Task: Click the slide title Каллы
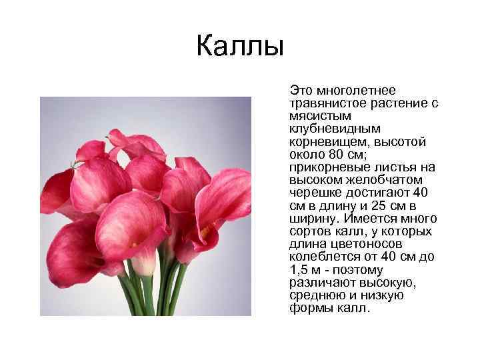click(x=240, y=47)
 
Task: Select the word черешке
click(x=313, y=193)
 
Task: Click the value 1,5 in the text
click(x=301, y=271)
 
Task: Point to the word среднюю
click(x=315, y=296)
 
